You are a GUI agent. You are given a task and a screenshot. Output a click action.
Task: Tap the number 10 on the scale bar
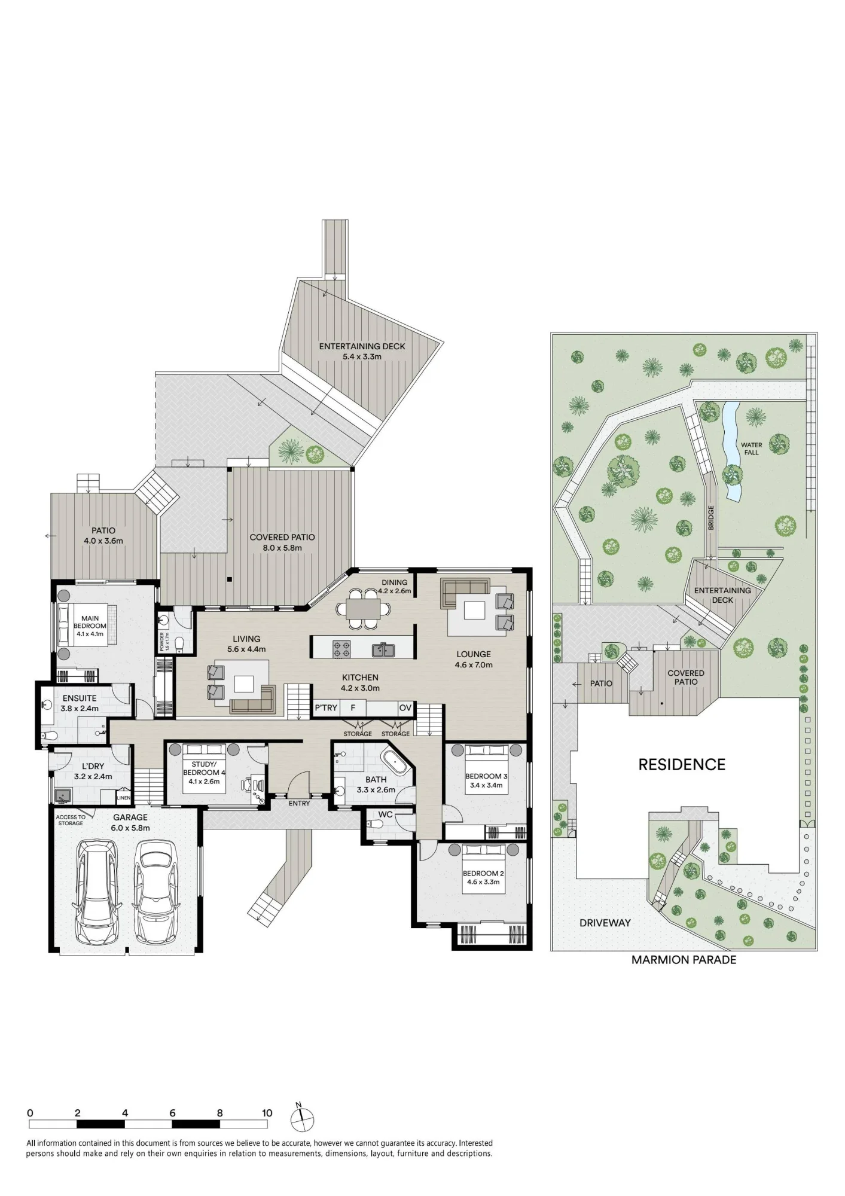point(267,1113)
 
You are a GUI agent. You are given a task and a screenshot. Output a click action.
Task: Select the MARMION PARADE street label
point(684,960)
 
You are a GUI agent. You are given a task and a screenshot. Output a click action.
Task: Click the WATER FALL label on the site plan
point(751,448)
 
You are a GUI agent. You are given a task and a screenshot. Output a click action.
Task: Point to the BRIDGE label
point(711,518)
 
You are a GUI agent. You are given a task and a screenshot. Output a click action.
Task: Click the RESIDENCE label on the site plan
point(682,764)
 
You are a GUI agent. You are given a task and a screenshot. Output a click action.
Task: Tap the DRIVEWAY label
point(605,923)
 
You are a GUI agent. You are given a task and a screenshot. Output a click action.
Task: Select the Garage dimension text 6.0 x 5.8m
point(130,828)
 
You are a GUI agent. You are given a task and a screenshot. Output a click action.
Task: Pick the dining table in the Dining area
point(364,609)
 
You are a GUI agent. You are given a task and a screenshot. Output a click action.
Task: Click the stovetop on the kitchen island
point(341,649)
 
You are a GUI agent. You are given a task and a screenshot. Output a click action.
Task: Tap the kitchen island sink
point(382,649)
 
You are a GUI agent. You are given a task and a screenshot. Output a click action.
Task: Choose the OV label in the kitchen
point(405,708)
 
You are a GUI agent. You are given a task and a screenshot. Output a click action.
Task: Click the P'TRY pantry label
point(326,708)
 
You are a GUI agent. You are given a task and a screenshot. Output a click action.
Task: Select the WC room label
point(385,814)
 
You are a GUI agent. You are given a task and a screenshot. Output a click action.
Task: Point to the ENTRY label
point(299,803)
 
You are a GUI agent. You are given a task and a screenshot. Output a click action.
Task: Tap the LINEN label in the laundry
point(123,798)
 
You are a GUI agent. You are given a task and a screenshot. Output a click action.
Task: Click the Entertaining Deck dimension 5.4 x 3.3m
point(362,356)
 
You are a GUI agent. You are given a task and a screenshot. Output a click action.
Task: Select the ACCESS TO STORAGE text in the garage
point(71,820)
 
